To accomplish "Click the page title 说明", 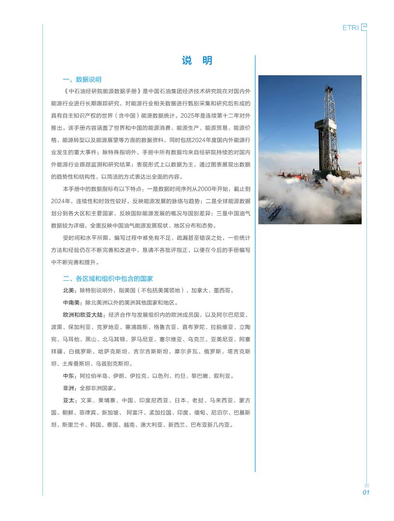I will (197, 61).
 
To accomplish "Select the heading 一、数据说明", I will (82, 80).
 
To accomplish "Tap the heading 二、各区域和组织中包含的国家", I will (108, 279).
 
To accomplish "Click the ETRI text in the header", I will (351, 28).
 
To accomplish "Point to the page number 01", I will (366, 493).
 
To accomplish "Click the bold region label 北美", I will (69, 291).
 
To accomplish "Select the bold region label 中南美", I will (71, 303).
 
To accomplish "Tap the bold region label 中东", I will (69, 376).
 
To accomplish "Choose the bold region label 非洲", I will (69, 388).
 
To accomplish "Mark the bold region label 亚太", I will (69, 400).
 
